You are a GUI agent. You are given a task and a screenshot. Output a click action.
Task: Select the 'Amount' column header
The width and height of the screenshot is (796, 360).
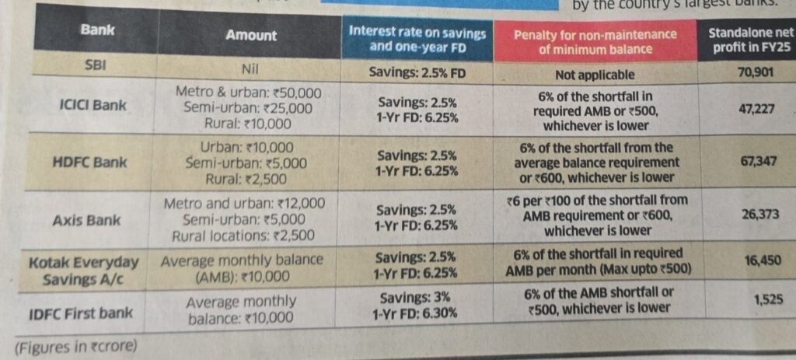point(250,35)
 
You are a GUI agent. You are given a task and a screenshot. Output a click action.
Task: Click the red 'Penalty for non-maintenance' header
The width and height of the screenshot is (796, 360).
point(595,42)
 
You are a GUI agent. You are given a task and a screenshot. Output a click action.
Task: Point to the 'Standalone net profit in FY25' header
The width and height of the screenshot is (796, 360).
point(747,42)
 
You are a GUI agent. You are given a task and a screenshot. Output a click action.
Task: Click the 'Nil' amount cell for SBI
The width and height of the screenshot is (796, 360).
point(250,69)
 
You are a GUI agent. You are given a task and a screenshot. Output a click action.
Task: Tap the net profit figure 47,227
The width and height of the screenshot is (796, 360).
point(756,110)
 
